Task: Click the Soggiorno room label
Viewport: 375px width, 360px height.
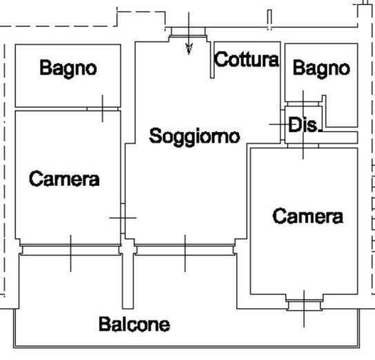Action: (x=195, y=137)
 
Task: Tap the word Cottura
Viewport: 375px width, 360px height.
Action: (x=247, y=59)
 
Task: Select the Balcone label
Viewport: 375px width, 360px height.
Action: (x=135, y=324)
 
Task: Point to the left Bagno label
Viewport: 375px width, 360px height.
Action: (x=68, y=69)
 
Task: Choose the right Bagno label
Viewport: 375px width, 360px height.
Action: (x=321, y=69)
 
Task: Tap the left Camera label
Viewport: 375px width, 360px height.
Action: (x=64, y=179)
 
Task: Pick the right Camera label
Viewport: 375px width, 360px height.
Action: (x=308, y=216)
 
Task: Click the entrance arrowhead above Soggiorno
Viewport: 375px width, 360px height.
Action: (x=189, y=49)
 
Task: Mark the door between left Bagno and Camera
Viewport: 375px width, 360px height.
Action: (x=103, y=109)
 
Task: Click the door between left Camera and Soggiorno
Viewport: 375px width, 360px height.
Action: (x=123, y=218)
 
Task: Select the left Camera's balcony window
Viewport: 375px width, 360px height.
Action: (x=70, y=250)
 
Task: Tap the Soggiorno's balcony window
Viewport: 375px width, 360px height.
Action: (x=185, y=250)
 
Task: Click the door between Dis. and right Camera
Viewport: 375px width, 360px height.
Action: (x=303, y=146)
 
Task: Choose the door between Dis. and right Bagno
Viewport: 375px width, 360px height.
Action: (x=303, y=104)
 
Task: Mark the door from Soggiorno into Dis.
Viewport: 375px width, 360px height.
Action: (x=282, y=124)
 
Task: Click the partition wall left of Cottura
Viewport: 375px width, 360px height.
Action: (x=212, y=60)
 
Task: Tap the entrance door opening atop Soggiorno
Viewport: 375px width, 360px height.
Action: (x=189, y=32)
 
